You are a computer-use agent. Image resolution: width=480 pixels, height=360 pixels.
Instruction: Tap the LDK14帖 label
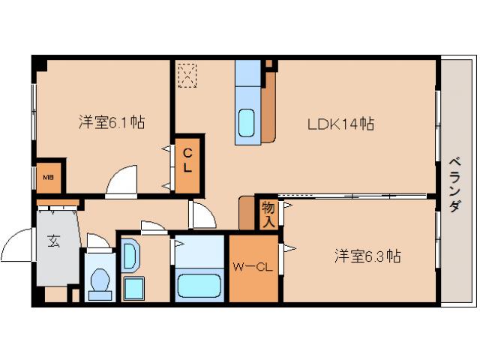pos(340,124)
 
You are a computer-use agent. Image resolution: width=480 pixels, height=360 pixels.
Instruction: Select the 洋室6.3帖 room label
pos(367,256)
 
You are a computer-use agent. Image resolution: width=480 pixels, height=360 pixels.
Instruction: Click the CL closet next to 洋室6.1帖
pos(187,160)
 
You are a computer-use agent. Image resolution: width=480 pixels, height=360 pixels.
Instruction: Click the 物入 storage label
pos(268,214)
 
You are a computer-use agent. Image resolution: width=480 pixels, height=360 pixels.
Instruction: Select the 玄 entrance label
pos(55,241)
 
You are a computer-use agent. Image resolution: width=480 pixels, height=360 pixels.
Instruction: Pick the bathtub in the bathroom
pos(199,286)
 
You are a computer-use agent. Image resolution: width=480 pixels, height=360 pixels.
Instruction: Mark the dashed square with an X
pos(187,76)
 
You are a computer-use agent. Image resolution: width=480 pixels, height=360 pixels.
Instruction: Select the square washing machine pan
pos(135,287)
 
